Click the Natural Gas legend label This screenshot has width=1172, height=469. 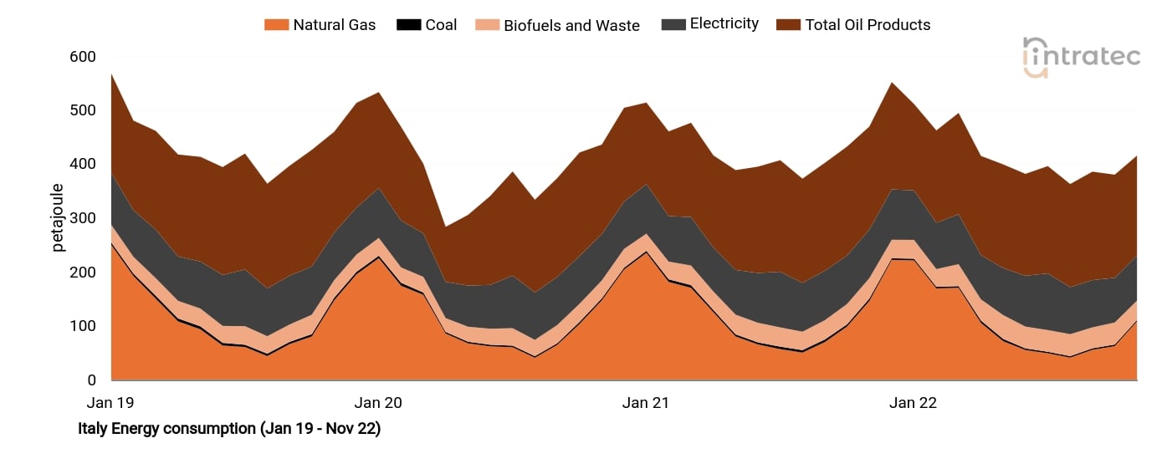coord(334,25)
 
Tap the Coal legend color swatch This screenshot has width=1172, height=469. coord(408,25)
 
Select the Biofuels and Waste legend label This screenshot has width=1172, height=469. coord(571,25)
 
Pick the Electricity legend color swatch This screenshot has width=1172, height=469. coord(673,25)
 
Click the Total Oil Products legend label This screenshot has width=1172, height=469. coord(867,25)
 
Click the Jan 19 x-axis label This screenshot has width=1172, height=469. coord(111,403)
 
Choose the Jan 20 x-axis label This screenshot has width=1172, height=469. coord(378,403)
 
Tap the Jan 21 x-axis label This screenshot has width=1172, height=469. coord(646,403)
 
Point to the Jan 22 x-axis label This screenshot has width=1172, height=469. coord(913,403)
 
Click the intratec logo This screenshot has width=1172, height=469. coord(1081,57)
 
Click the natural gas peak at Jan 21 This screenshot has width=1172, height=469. coord(646,252)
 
